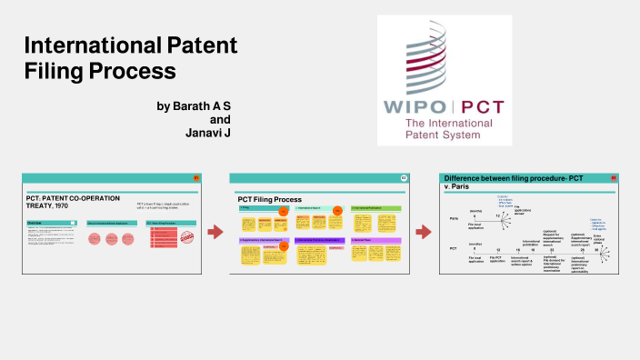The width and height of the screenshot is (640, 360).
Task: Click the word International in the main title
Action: click(x=82, y=45)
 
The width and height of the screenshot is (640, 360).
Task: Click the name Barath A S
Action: click(x=194, y=106)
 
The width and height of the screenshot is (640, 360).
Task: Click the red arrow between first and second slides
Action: click(x=215, y=233)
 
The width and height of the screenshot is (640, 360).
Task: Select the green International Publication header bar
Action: click(x=375, y=208)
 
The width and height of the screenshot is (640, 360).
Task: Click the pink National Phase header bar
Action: click(x=375, y=239)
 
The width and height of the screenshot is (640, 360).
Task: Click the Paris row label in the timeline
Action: click(x=453, y=219)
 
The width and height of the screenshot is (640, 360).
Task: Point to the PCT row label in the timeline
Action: click(x=453, y=248)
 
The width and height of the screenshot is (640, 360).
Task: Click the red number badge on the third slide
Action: click(x=614, y=178)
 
